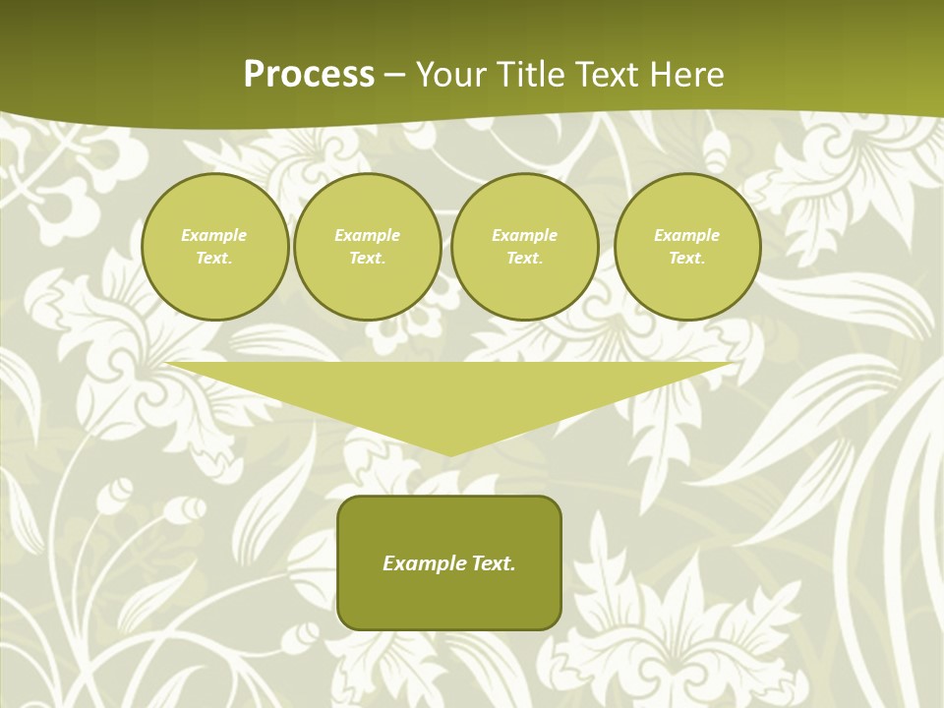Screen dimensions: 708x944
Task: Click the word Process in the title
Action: click(309, 75)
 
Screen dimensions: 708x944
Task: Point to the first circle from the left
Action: click(214, 246)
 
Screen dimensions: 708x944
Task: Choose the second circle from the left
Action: click(367, 246)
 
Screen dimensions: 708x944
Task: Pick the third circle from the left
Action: click(524, 246)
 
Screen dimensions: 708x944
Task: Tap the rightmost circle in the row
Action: click(686, 246)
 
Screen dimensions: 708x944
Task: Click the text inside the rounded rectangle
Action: click(449, 563)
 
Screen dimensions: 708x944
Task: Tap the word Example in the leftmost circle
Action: click(214, 235)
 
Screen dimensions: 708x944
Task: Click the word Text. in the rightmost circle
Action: click(686, 258)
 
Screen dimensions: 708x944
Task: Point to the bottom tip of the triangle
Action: click(449, 453)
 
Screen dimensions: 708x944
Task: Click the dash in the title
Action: click(394, 75)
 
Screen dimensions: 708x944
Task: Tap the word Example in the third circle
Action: click(524, 235)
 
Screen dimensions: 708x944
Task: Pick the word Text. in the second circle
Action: click(367, 258)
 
